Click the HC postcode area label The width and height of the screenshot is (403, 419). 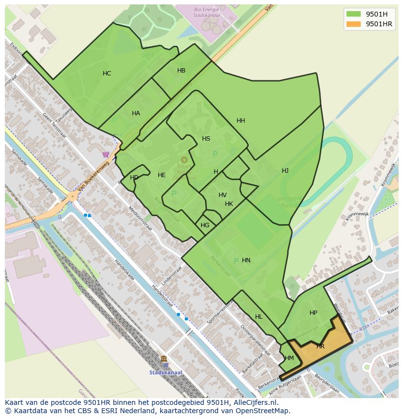click(107, 73)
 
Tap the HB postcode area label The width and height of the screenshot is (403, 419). click(181, 71)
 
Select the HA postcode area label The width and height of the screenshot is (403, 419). click(136, 113)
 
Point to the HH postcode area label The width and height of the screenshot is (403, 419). click(240, 121)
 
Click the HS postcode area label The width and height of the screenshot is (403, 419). click(206, 139)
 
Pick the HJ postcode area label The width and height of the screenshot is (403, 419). click(285, 171)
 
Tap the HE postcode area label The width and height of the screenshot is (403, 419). click(162, 175)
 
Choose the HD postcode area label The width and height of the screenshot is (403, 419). click(134, 178)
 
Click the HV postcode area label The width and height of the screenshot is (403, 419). click(222, 195)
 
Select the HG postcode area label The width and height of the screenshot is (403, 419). click(205, 225)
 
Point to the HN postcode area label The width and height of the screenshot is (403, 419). click(246, 260)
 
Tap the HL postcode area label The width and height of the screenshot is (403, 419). click(258, 317)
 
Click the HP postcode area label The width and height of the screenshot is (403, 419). click(313, 313)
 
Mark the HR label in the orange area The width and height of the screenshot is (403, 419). click(320, 346)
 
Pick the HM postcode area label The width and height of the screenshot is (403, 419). click(289, 358)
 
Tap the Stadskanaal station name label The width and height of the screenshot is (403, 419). click(166, 373)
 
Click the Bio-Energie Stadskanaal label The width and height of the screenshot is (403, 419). click(206, 12)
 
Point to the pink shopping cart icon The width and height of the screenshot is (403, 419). click(106, 155)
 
